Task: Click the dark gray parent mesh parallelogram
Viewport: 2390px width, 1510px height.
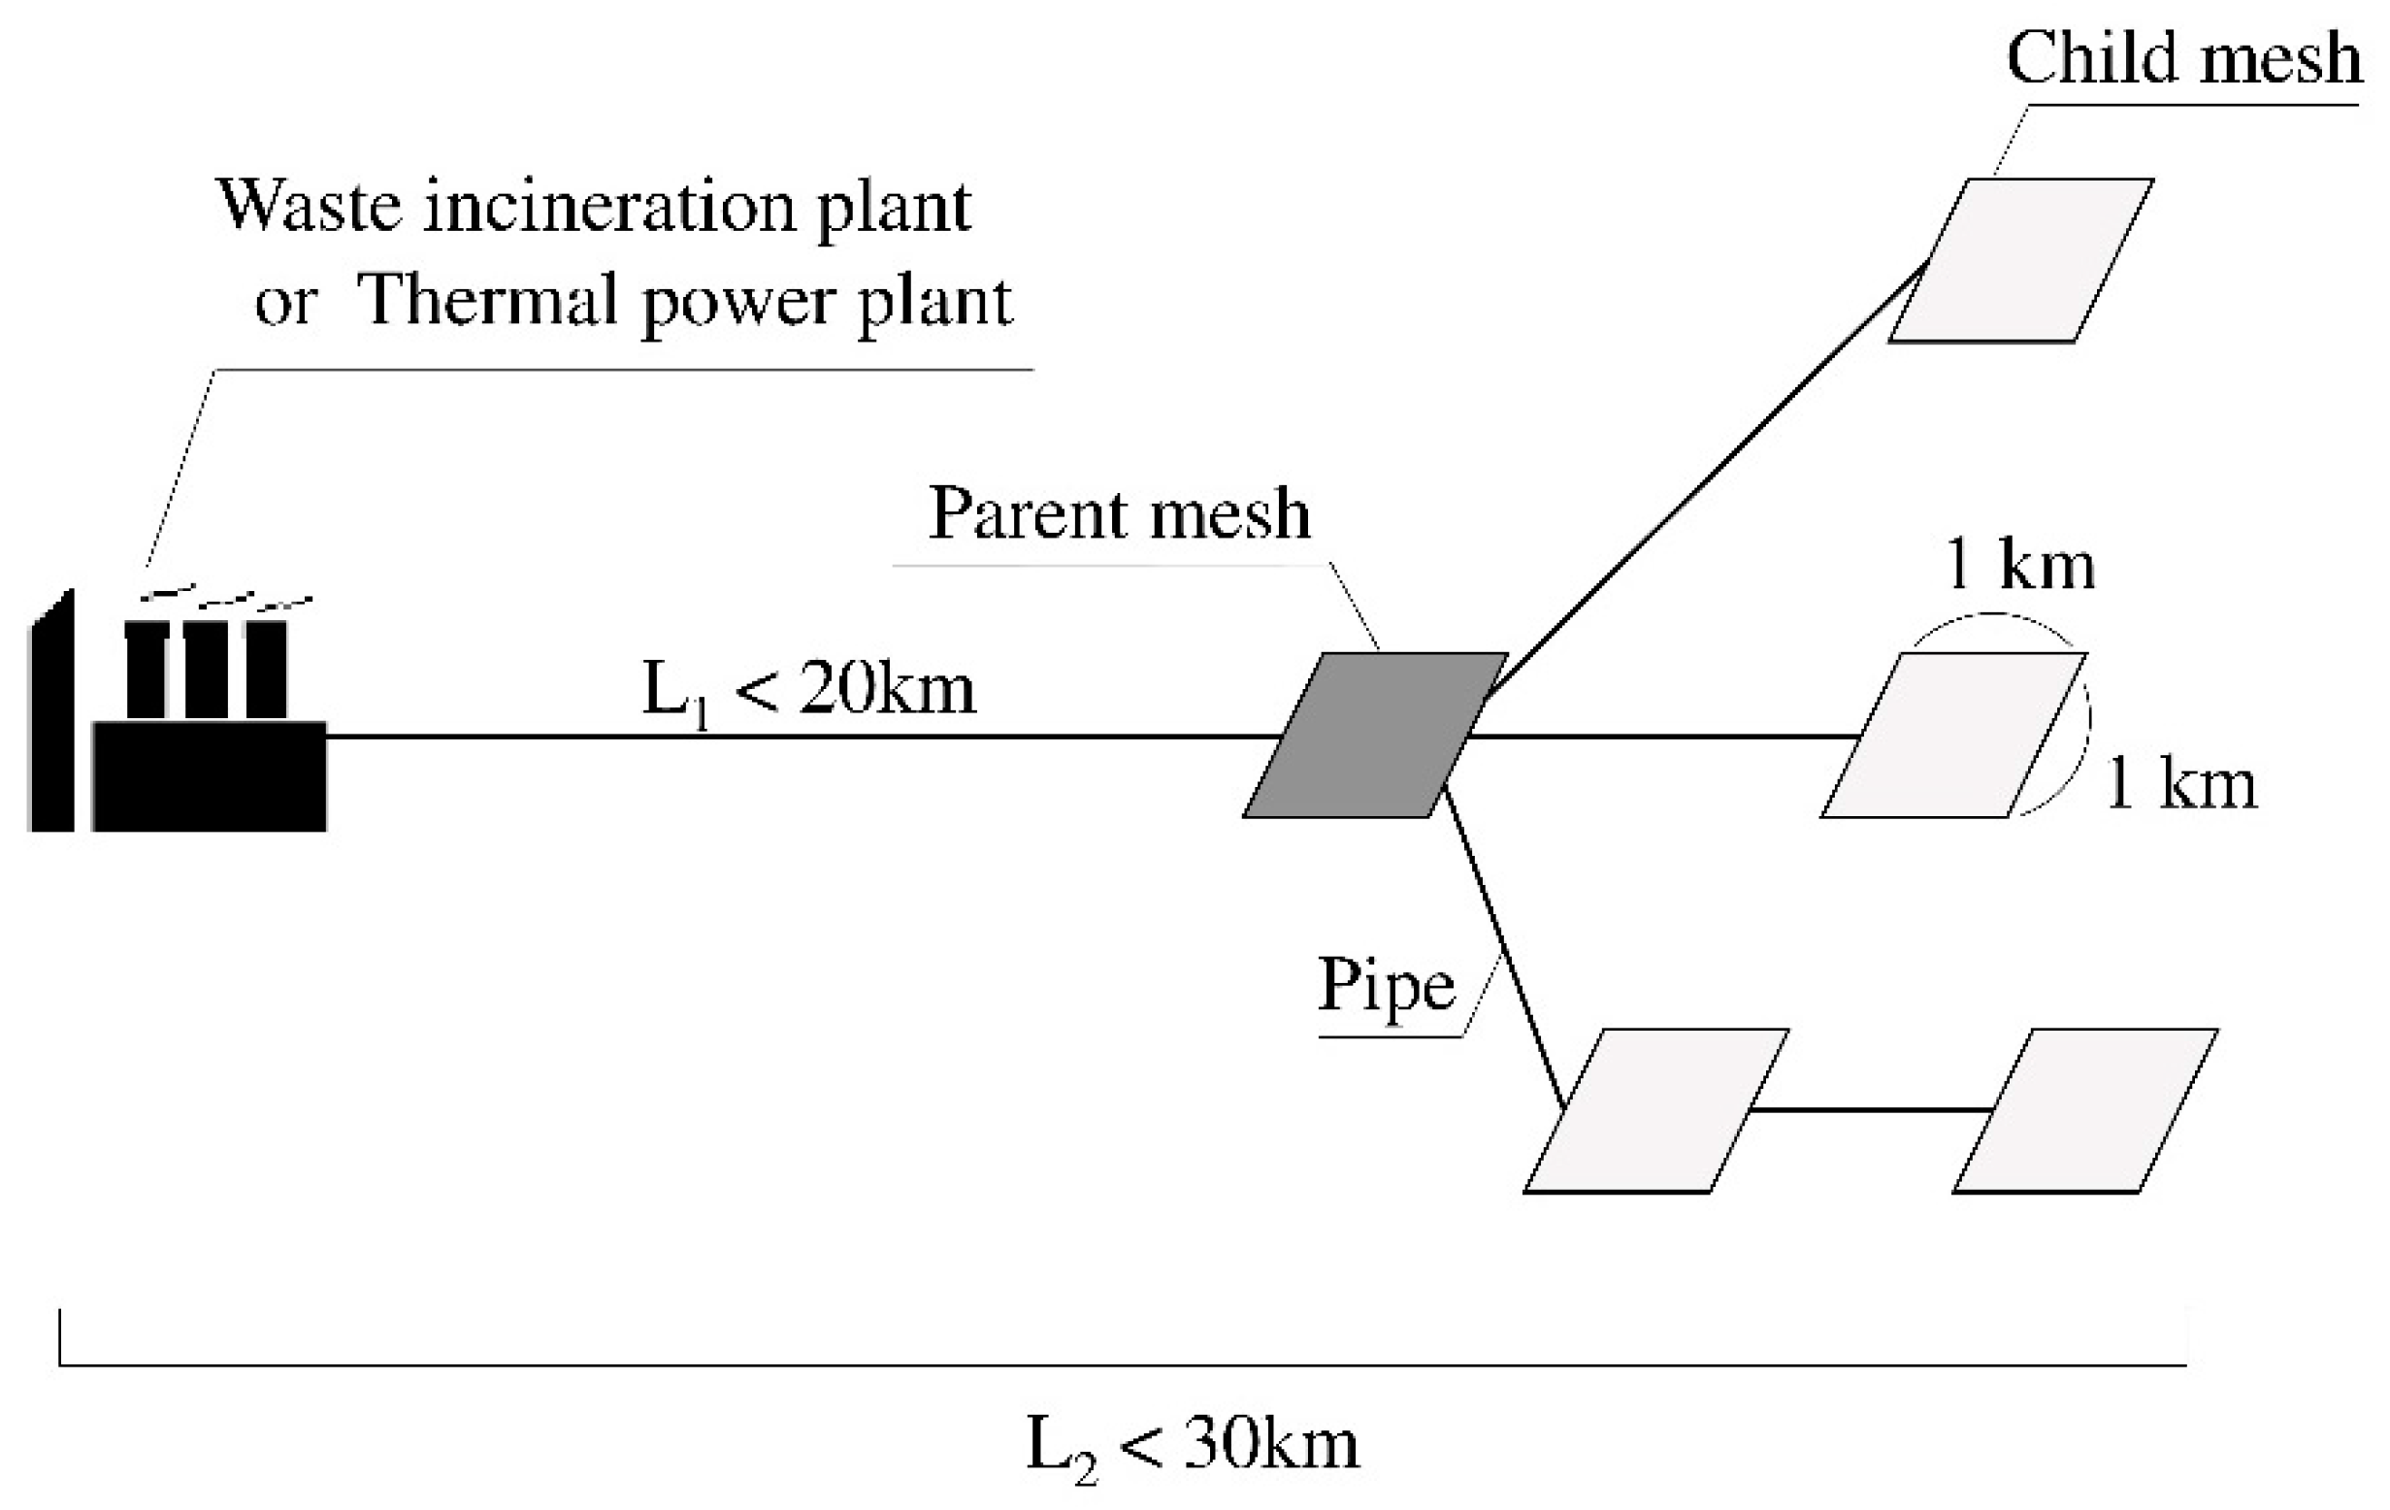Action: coord(1376,736)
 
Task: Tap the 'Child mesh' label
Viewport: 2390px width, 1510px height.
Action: coord(2183,57)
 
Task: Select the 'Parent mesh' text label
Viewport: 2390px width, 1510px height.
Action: coord(1119,514)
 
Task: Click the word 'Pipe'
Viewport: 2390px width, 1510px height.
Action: coord(1386,986)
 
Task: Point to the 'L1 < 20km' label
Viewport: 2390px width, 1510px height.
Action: coord(809,690)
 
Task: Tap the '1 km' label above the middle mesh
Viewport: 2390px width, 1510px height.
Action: coord(2019,566)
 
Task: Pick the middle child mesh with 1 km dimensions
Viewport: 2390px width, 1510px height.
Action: coord(1953,736)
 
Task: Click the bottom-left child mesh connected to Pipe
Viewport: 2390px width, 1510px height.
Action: coord(1655,1111)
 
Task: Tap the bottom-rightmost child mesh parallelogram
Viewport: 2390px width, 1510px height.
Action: coord(2085,1111)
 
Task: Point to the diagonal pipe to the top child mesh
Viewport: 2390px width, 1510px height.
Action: coord(1707,476)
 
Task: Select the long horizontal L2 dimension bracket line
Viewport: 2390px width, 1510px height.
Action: coord(1122,1365)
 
